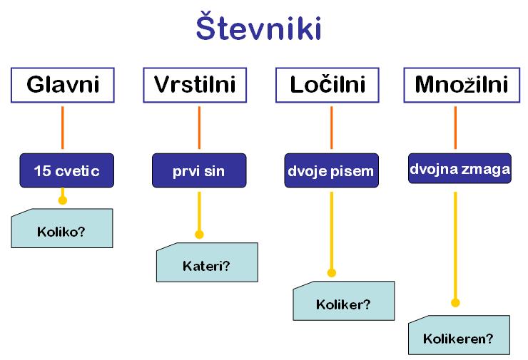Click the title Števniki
tap(258, 26)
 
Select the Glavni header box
tap(63, 85)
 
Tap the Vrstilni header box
tap(195, 85)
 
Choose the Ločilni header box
tap(328, 85)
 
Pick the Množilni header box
tap(462, 85)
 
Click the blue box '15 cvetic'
tap(66, 170)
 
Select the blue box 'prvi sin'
tap(199, 170)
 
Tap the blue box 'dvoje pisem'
tap(331, 170)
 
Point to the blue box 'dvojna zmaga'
tap(460, 168)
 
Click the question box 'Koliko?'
tap(62, 228)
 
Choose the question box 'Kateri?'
tap(207, 262)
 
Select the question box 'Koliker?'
tap(344, 301)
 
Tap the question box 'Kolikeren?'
tap(459, 335)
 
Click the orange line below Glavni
tap(62, 128)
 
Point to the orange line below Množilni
tap(455, 128)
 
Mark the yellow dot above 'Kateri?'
tap(199, 234)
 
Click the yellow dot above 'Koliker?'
tap(332, 272)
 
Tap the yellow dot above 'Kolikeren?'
tap(455, 303)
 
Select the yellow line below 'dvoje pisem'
tap(332, 232)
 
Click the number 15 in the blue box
tap(42, 171)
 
